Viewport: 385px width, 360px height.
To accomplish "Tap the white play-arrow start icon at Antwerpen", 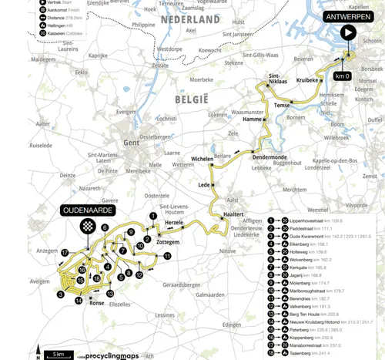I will (x=348, y=32).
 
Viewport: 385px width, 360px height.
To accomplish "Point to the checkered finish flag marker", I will (x=88, y=225).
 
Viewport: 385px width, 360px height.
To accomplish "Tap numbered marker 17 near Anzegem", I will (x=65, y=253).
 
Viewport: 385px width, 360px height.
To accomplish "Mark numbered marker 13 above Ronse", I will (x=110, y=294).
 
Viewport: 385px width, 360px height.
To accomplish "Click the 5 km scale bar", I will (x=58, y=353).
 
